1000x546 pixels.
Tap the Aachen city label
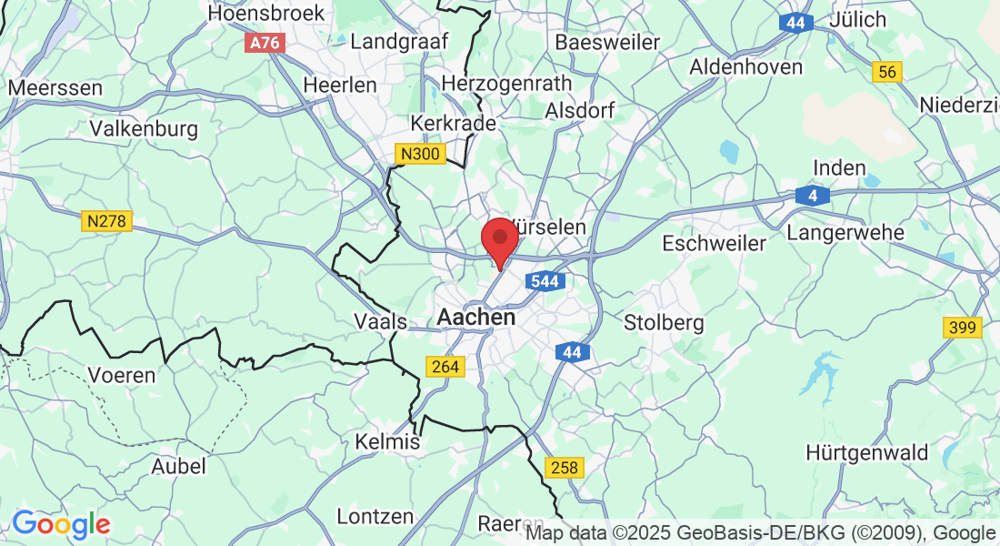click(476, 318)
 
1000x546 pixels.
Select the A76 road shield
click(265, 43)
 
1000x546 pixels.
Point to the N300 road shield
click(420, 154)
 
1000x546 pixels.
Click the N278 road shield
click(107, 221)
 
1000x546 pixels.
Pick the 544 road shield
click(544, 281)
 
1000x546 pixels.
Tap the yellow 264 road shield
click(445, 367)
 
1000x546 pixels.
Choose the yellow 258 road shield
click(564, 468)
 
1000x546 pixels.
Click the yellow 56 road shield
click(886, 73)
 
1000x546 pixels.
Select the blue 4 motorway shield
click(811, 195)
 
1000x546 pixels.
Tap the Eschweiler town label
click(714, 244)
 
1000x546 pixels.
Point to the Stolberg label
click(664, 322)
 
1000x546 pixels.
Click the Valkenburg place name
click(144, 129)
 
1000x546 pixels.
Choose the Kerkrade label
click(454, 123)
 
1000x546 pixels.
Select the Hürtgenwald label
click(866, 452)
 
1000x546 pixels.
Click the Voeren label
click(121, 375)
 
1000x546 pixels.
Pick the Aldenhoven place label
click(745, 66)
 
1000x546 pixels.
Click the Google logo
click(61, 524)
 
